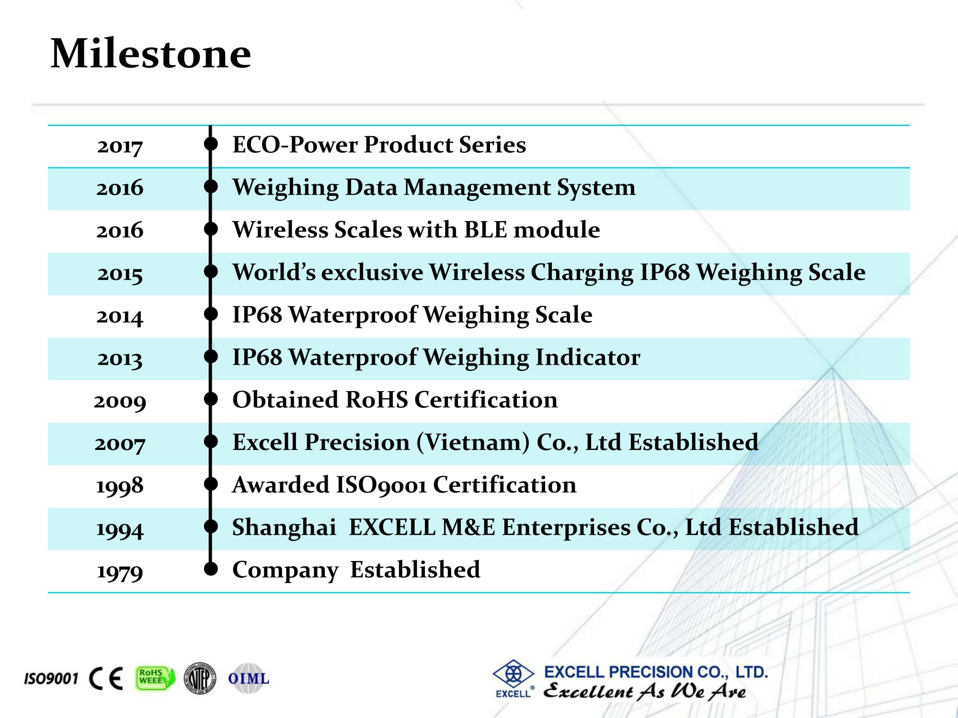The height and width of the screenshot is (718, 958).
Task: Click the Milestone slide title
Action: tap(150, 53)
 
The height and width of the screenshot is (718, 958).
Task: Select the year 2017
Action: tap(120, 146)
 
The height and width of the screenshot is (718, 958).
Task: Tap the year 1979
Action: tap(120, 571)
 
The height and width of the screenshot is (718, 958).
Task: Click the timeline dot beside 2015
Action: tap(211, 271)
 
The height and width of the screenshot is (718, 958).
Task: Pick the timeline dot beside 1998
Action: tap(211, 484)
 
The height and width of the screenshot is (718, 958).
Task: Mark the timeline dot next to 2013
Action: tap(211, 357)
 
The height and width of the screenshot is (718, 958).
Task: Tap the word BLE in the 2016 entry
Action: tap(486, 229)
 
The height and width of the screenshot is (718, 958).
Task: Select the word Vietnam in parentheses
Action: tap(473, 442)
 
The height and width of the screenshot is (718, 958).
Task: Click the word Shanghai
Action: tap(284, 527)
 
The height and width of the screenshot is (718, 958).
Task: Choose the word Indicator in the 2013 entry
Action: tap(588, 357)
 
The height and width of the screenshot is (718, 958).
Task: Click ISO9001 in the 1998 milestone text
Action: tap(381, 485)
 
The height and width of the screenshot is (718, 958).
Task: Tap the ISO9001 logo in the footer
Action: tap(51, 678)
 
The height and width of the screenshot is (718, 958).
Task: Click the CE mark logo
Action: tap(106, 678)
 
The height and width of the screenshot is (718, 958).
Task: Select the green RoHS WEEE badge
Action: tap(155, 678)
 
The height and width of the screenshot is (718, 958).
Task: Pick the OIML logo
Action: tap(248, 678)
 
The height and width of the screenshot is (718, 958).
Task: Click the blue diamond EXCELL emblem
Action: tap(513, 674)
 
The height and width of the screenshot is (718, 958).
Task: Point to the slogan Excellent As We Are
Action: tap(645, 691)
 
